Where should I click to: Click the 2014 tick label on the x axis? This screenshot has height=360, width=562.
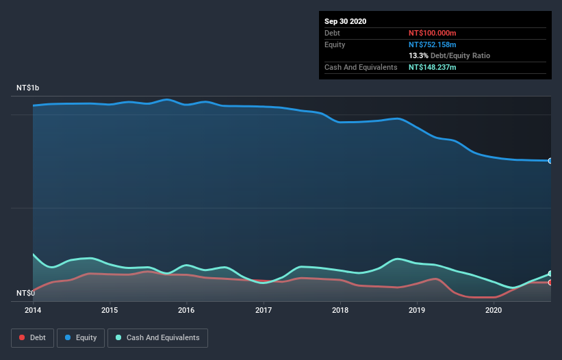[x=33, y=310]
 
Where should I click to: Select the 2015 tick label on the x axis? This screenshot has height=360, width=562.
[x=110, y=310]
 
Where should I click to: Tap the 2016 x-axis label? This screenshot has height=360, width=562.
[x=186, y=310]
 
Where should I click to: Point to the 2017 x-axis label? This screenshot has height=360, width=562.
[x=264, y=310]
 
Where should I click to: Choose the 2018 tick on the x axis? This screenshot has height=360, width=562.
[x=340, y=310]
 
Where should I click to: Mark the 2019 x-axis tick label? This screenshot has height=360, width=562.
[x=417, y=310]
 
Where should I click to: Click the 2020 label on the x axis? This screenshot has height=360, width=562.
[x=494, y=310]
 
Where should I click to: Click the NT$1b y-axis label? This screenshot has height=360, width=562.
[x=28, y=88]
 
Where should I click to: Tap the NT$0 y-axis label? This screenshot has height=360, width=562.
[x=25, y=294]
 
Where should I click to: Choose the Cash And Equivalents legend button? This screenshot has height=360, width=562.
[x=157, y=337]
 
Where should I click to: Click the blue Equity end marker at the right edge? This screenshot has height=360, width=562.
[x=550, y=161]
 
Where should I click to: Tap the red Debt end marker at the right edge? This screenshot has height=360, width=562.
[x=550, y=282]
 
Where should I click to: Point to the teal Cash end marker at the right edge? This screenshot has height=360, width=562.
[x=550, y=274]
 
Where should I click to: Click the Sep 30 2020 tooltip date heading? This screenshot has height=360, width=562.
[x=345, y=21]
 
